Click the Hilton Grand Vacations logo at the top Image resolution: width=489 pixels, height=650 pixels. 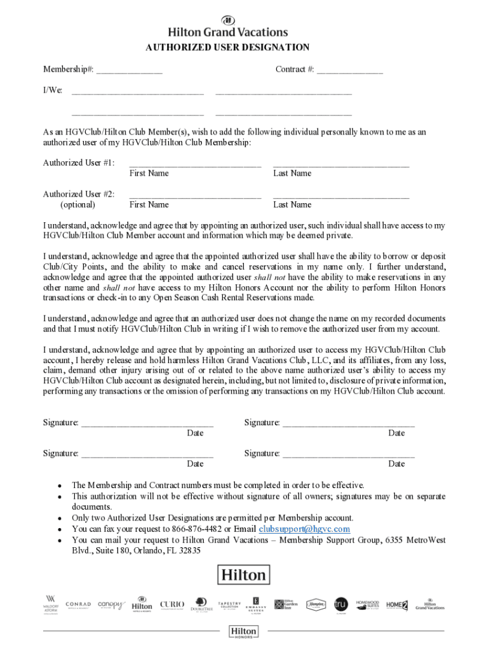coord(227,27)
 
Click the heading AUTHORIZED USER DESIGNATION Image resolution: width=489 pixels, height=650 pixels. coord(227,48)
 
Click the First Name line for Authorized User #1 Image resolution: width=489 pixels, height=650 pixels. coord(195,165)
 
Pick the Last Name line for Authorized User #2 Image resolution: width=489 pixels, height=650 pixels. coord(341,196)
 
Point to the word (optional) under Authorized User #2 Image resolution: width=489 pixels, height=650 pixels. coord(78,205)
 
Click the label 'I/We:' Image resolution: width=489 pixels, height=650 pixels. coord(53,90)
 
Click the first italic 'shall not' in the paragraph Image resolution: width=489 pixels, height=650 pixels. coord(270,277)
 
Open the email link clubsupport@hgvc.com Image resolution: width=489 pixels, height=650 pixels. coord(304,529)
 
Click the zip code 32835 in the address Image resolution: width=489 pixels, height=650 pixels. coord(188,551)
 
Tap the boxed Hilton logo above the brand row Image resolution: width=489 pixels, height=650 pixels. coord(244,575)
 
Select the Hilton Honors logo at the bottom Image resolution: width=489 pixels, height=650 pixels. coord(244,631)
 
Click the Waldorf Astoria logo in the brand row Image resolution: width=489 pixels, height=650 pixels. coord(51,604)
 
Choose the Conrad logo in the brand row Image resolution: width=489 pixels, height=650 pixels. coord(78,604)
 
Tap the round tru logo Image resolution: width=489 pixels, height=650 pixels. coord(341,604)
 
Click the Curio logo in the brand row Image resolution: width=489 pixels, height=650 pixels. coord(172,604)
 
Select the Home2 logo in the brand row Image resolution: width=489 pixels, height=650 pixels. coord(397,604)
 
